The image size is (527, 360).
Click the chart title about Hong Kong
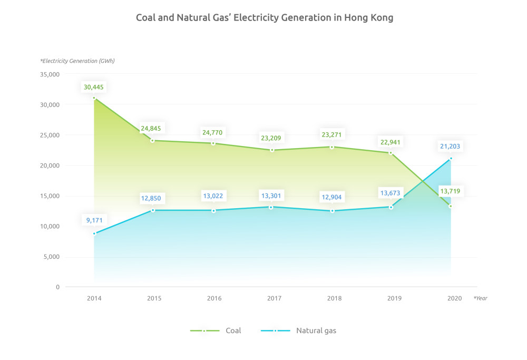coord(265,17)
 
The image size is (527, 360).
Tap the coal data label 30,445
coord(94,86)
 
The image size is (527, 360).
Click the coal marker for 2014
coord(94,98)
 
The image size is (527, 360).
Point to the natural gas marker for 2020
coord(451,158)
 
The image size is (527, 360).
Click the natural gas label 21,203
coord(451,147)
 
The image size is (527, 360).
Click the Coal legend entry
coord(216,330)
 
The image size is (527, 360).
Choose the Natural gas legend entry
coord(298,330)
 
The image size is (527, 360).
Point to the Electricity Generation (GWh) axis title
coord(77,61)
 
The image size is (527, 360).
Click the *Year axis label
coord(480,298)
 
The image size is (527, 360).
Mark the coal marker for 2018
coord(332,147)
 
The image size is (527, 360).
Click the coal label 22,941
coord(391,141)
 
